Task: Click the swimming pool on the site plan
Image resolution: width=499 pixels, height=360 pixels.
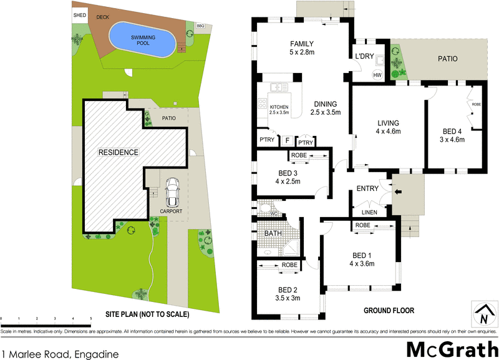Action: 143,41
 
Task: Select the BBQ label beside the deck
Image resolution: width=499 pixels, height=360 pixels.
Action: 200,26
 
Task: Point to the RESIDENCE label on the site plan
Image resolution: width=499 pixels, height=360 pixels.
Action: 117,152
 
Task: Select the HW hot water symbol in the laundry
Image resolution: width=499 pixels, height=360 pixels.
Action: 377,75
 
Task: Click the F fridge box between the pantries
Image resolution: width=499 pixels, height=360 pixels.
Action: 288,140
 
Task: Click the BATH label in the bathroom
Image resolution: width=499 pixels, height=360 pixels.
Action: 273,234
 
